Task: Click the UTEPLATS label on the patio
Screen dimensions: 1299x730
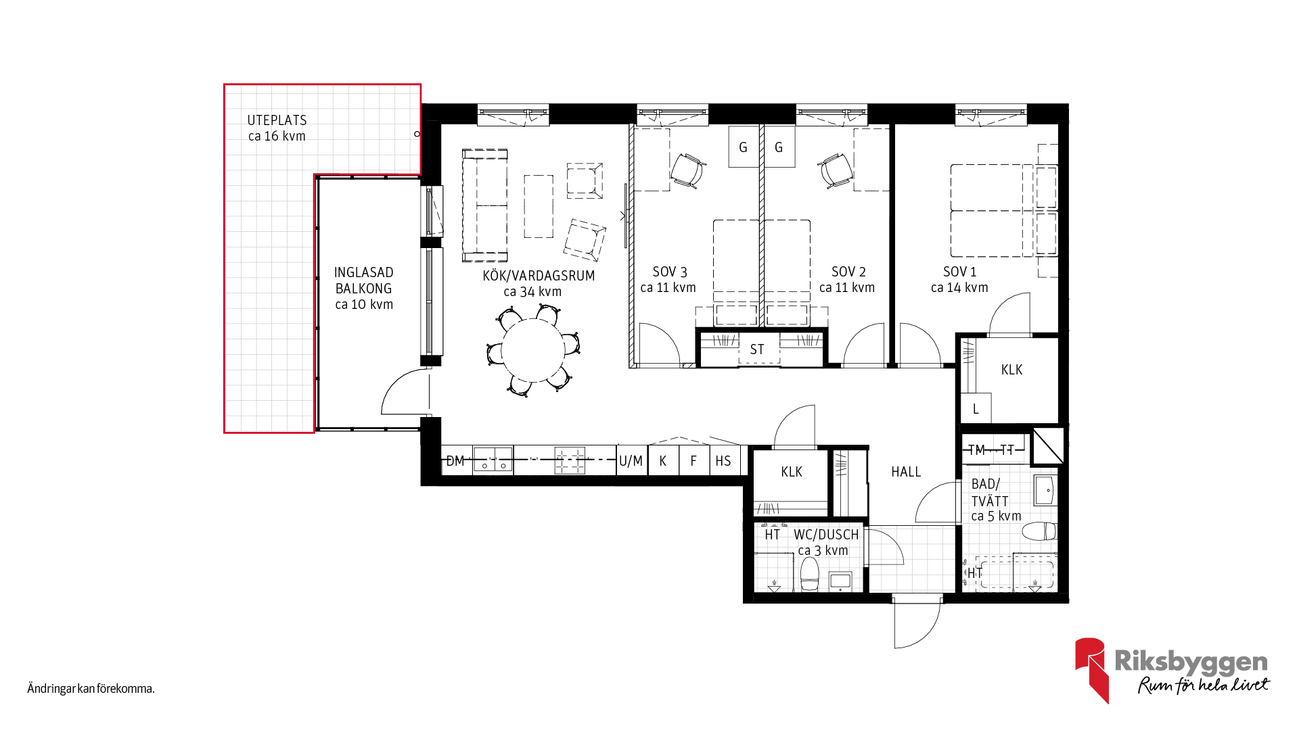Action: [x=277, y=120]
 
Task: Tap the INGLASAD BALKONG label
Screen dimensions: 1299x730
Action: [x=364, y=281]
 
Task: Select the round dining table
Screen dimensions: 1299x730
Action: [x=533, y=350]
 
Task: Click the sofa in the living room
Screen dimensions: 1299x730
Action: [x=484, y=205]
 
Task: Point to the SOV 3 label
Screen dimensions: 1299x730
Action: [x=670, y=272]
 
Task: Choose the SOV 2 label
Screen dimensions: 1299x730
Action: [x=848, y=272]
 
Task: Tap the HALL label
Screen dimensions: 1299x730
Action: [x=906, y=472]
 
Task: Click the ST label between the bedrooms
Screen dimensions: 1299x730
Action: [x=757, y=349]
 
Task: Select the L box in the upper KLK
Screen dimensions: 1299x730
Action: [x=976, y=408]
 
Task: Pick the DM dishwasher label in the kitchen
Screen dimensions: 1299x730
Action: [x=455, y=461]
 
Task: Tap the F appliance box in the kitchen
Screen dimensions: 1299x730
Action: [x=694, y=460]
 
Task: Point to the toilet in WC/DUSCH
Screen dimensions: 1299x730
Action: [x=809, y=574]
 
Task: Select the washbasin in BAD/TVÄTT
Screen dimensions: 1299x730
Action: [x=1045, y=490]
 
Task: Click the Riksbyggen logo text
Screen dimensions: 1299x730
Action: [x=1191, y=661]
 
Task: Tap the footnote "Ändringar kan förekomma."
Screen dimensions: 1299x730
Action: [x=91, y=689]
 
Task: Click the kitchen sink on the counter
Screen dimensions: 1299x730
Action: [x=493, y=460]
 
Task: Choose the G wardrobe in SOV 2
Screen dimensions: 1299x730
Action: [x=779, y=147]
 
